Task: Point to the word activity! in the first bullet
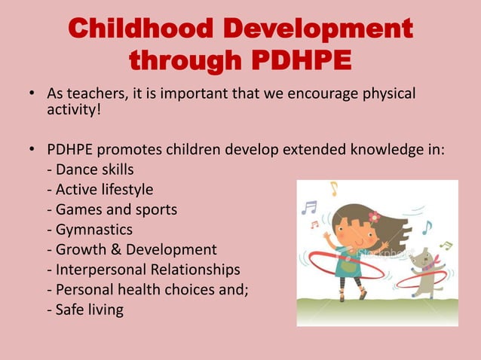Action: pyautogui.click(x=74, y=112)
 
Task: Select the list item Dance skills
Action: pyautogui.click(x=90, y=169)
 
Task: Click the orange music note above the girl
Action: pyautogui.click(x=332, y=188)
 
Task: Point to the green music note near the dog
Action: pyautogui.click(x=446, y=246)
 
